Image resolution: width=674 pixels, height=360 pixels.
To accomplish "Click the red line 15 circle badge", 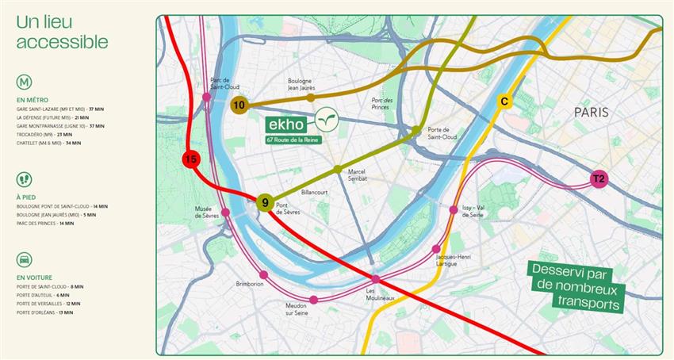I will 190,159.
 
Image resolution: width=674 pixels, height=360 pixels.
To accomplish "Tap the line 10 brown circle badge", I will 239,105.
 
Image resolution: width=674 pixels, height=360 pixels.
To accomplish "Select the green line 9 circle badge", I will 265,204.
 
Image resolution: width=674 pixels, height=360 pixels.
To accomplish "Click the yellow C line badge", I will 504,101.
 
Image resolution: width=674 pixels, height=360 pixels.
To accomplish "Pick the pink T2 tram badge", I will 599,180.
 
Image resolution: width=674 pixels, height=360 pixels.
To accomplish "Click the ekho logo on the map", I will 304,122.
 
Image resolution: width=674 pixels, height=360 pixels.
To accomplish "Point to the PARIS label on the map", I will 592,113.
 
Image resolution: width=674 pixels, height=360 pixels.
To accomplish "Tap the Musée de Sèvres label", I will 209,213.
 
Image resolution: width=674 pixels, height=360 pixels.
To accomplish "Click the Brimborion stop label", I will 250,283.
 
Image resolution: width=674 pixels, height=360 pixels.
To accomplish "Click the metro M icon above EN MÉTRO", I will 25,82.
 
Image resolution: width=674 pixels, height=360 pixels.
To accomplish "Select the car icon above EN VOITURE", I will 25,259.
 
